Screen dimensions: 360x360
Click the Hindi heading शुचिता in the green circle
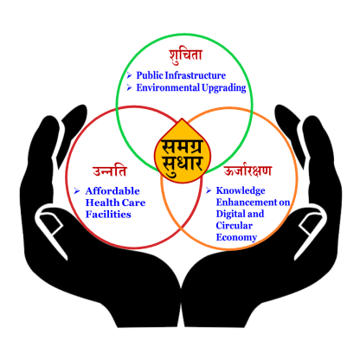[x=186, y=56]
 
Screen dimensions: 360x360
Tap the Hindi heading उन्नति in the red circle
[x=110, y=170]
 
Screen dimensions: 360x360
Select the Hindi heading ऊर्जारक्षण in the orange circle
[x=247, y=170]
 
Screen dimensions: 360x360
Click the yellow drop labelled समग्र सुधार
[x=183, y=151]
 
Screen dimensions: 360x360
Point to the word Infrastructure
[x=196, y=75]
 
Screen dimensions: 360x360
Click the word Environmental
[x=168, y=87]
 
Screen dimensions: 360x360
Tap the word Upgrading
[x=224, y=88]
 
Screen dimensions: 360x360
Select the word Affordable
[x=112, y=191]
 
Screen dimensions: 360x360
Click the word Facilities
[x=108, y=215]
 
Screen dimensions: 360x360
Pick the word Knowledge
[x=241, y=190]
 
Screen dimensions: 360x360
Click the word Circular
[x=235, y=225]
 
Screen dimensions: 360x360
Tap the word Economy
[x=236, y=237]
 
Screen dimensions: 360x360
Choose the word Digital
[x=230, y=214]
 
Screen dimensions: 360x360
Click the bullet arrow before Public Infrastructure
[x=129, y=75]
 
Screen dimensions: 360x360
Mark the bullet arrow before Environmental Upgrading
[x=129, y=87]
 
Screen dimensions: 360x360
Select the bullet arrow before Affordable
[x=77, y=190]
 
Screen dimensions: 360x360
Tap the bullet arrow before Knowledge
[x=209, y=190]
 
